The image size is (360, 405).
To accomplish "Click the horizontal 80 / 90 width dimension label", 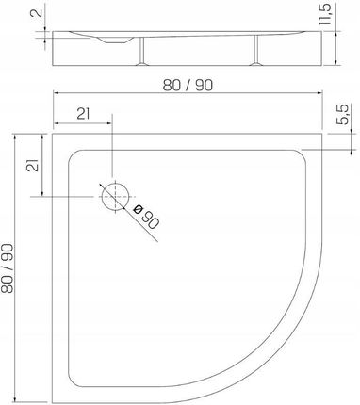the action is (x=188, y=85).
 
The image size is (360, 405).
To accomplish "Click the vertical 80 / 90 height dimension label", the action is (x=8, y=268).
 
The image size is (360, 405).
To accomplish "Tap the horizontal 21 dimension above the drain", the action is (x=83, y=114).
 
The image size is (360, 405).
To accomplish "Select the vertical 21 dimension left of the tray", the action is (x=33, y=165).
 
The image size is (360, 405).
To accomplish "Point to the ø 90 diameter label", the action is (x=146, y=217).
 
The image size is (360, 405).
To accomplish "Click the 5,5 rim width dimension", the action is (x=343, y=114).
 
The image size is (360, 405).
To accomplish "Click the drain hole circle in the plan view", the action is (x=116, y=197).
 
